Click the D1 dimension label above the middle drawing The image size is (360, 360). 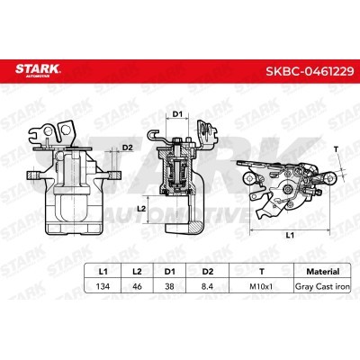coord(177,112)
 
